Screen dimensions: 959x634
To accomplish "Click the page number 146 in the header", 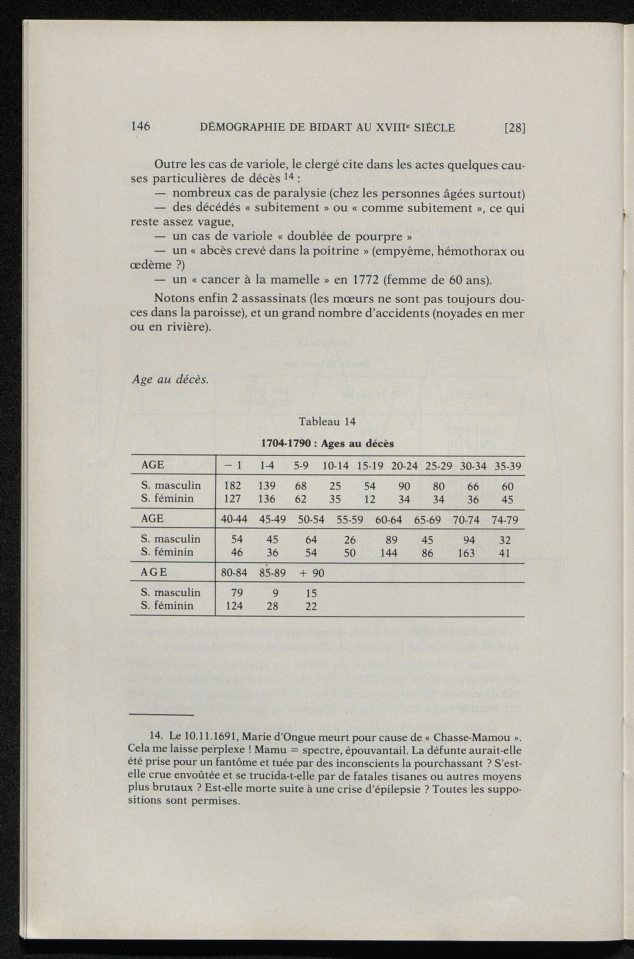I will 141,126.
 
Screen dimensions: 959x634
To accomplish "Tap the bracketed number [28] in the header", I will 515,128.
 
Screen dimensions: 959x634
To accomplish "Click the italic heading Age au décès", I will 170,380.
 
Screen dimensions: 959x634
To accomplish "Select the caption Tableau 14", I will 327,422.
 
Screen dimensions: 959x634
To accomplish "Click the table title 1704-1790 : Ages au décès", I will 327,443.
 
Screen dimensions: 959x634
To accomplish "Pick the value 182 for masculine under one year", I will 232,486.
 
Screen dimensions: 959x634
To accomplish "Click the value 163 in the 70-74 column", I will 466,553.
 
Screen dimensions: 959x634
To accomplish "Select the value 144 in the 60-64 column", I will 389,553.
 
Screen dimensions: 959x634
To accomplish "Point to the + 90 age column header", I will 311,573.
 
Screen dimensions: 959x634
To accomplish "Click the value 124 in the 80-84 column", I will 234,605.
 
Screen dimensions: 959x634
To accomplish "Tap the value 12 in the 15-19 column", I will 370,498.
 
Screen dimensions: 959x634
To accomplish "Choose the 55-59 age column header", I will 350,519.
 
